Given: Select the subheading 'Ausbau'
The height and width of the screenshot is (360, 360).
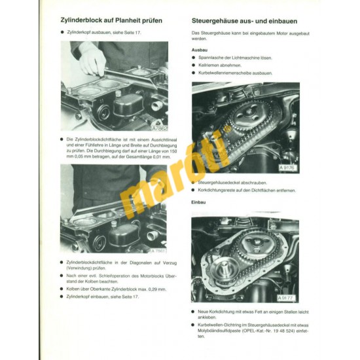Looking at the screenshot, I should coord(200,48).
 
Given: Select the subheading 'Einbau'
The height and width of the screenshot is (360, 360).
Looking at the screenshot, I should coord(199,202).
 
